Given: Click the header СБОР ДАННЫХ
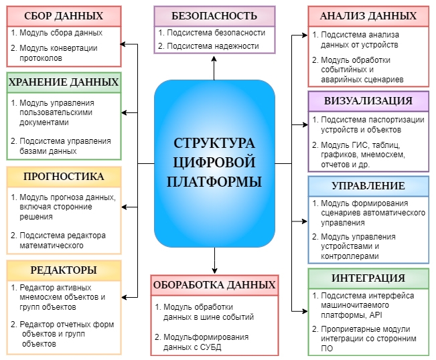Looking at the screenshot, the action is click(64, 16).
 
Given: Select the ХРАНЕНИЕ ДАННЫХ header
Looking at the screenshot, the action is click(64, 82).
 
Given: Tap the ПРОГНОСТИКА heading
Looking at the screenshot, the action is click(64, 177).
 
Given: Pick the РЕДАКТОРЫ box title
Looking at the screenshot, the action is click(64, 270).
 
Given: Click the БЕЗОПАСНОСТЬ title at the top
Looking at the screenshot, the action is click(214, 16).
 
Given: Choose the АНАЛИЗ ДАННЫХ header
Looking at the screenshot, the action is click(368, 16).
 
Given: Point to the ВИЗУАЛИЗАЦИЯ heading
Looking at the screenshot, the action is click(368, 101).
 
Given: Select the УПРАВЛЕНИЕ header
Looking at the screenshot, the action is click(368, 186).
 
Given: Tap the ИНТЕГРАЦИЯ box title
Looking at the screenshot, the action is click(368, 278).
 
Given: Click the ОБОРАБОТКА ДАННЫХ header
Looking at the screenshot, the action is click(214, 285).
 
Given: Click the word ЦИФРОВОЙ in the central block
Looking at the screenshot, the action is click(214, 163).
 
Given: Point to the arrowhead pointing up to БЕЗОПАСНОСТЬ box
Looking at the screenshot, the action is click(214, 59).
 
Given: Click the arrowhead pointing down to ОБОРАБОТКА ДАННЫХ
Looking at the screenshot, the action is click(214, 270).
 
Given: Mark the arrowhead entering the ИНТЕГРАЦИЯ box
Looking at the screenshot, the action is click(305, 311).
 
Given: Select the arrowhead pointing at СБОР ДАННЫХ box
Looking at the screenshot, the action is click(123, 44).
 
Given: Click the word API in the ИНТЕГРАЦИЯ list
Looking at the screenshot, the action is click(376, 315).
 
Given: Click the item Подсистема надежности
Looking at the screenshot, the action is click(213, 46).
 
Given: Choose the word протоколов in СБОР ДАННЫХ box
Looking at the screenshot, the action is click(41, 58).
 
